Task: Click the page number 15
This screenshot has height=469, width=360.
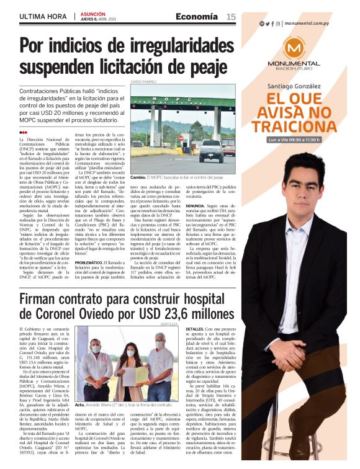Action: pyautogui.click(x=230, y=17)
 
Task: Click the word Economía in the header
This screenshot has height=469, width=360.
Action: pyautogui.click(x=197, y=17)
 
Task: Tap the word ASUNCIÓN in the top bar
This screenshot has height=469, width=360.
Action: pyautogui.click(x=94, y=14)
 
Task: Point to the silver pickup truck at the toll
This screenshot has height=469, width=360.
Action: pyautogui.click(x=210, y=150)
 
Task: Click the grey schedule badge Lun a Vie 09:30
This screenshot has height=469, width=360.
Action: pyautogui.click(x=293, y=140)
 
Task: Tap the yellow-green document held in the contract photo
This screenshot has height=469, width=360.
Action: pyautogui.click(x=141, y=377)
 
